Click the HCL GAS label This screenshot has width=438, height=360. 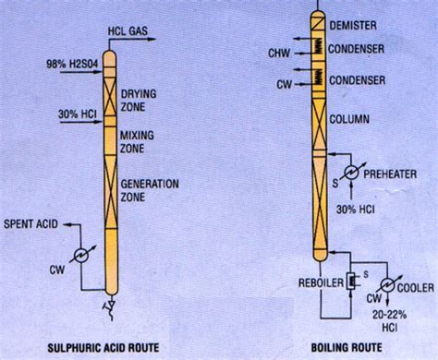point(128,30)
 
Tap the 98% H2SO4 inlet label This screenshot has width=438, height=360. point(72,65)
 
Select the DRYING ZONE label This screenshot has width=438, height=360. point(139,101)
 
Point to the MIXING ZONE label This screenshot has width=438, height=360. point(137,142)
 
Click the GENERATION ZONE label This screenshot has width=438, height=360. point(150,190)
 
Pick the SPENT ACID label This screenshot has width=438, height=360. point(30,223)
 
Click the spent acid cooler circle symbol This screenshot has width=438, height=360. point(81,255)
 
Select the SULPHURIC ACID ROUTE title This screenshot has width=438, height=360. point(103,348)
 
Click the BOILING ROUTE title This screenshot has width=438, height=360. point(347,347)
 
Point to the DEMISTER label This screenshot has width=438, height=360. point(353,25)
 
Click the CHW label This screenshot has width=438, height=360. point(279,54)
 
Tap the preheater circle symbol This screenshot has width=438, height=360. point(351,173)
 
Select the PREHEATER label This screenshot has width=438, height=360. point(390,174)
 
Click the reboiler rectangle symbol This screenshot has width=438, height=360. point(350,281)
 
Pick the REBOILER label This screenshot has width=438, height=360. point(321,282)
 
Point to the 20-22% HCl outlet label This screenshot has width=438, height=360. point(390,321)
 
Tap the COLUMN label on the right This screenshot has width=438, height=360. point(349,119)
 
